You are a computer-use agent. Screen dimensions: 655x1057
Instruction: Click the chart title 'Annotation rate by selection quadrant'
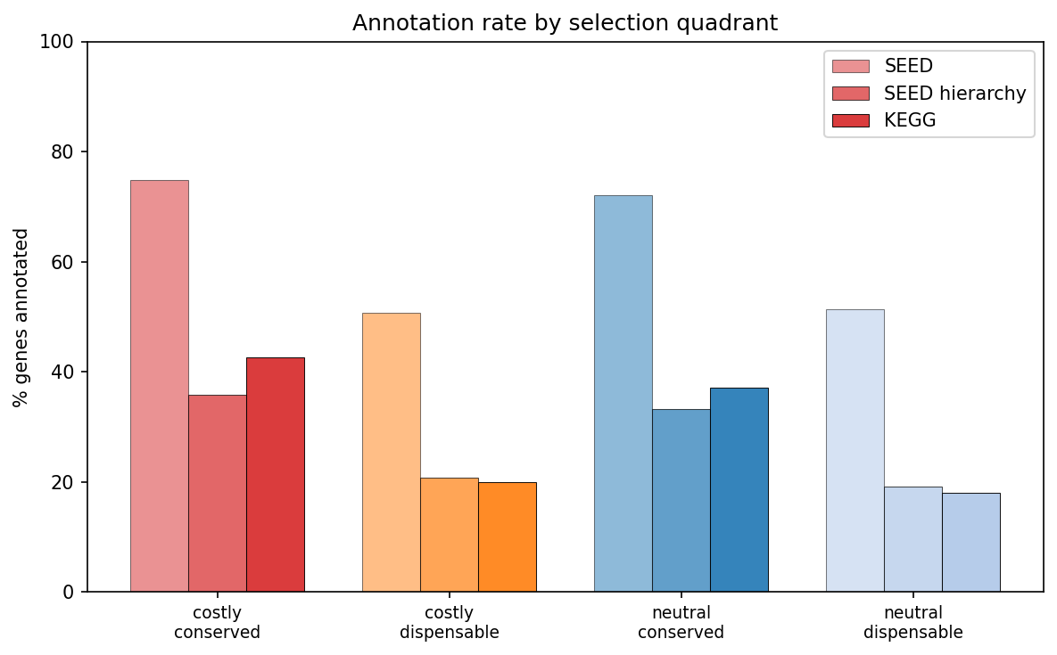(x=565, y=23)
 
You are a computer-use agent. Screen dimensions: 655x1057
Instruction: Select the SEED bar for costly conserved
(x=159, y=386)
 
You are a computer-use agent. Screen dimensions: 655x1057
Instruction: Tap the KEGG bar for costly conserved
(x=275, y=474)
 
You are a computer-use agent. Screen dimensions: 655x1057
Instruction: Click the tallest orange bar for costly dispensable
(x=391, y=452)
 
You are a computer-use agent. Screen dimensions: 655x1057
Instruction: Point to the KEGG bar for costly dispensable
(x=507, y=536)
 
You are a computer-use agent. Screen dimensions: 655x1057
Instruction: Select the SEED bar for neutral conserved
(x=623, y=393)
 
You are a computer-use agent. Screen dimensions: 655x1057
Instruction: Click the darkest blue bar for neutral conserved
(x=739, y=489)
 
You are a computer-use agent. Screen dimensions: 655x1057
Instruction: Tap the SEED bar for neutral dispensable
(x=855, y=450)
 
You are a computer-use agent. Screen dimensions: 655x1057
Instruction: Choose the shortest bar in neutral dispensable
(x=970, y=542)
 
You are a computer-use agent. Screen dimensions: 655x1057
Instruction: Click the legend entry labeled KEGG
(x=910, y=120)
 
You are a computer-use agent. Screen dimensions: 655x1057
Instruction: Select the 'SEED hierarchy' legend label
(x=954, y=94)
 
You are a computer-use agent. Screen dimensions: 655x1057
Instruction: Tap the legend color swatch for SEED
(x=850, y=66)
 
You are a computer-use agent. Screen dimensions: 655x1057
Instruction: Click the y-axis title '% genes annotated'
(x=21, y=317)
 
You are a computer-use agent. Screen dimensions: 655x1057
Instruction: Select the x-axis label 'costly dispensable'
(x=449, y=623)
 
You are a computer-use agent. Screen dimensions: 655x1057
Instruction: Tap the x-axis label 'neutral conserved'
(x=681, y=623)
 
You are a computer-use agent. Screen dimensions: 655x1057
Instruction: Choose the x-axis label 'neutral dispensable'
(x=912, y=623)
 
